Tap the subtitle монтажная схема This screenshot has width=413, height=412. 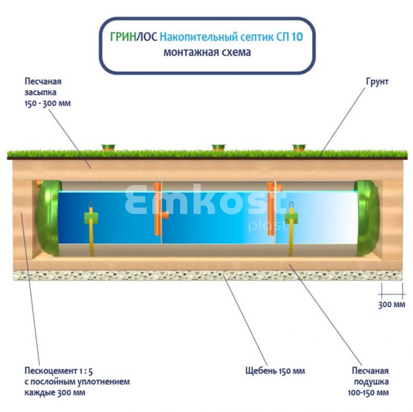(207, 52)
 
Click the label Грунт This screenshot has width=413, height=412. (377, 81)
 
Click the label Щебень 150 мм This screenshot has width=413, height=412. (275, 371)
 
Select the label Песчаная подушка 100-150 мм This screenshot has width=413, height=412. (370, 381)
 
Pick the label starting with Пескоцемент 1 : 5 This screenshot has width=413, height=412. (77, 381)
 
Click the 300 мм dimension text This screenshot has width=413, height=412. (391, 304)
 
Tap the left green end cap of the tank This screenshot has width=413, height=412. (47, 217)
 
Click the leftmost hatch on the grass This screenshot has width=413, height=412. (109, 146)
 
